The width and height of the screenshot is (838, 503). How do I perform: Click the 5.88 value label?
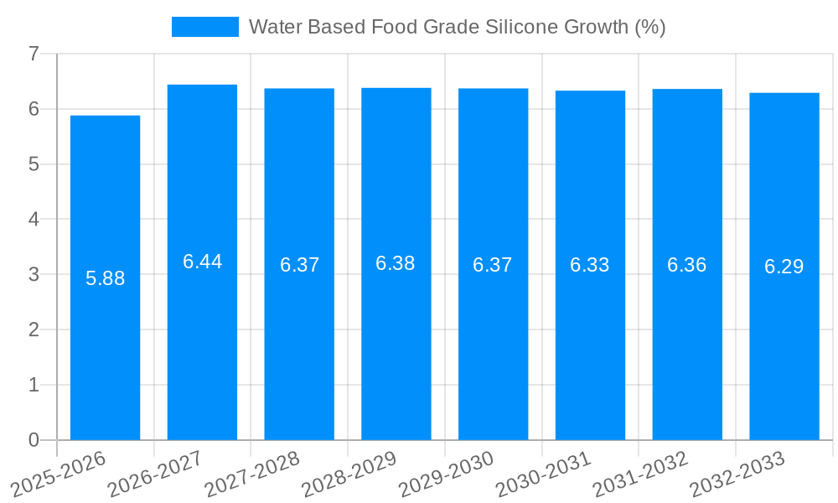[x=106, y=278]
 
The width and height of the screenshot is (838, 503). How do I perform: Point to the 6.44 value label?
[x=203, y=262]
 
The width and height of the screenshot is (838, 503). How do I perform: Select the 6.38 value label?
[x=396, y=263]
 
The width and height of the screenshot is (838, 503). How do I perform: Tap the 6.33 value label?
[x=590, y=265]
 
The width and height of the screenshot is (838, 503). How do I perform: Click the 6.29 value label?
[x=784, y=267]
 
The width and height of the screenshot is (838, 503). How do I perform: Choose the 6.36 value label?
[x=687, y=265]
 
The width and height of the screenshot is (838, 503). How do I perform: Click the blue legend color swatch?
[x=204, y=27]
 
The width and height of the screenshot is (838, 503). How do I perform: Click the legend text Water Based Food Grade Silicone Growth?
[x=457, y=27]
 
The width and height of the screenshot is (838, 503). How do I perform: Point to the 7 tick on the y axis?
[x=34, y=54]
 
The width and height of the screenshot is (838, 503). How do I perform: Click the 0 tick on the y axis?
[x=34, y=440]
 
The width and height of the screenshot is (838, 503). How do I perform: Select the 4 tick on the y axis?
[x=34, y=220]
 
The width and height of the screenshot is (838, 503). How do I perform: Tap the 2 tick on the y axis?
[x=34, y=330]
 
